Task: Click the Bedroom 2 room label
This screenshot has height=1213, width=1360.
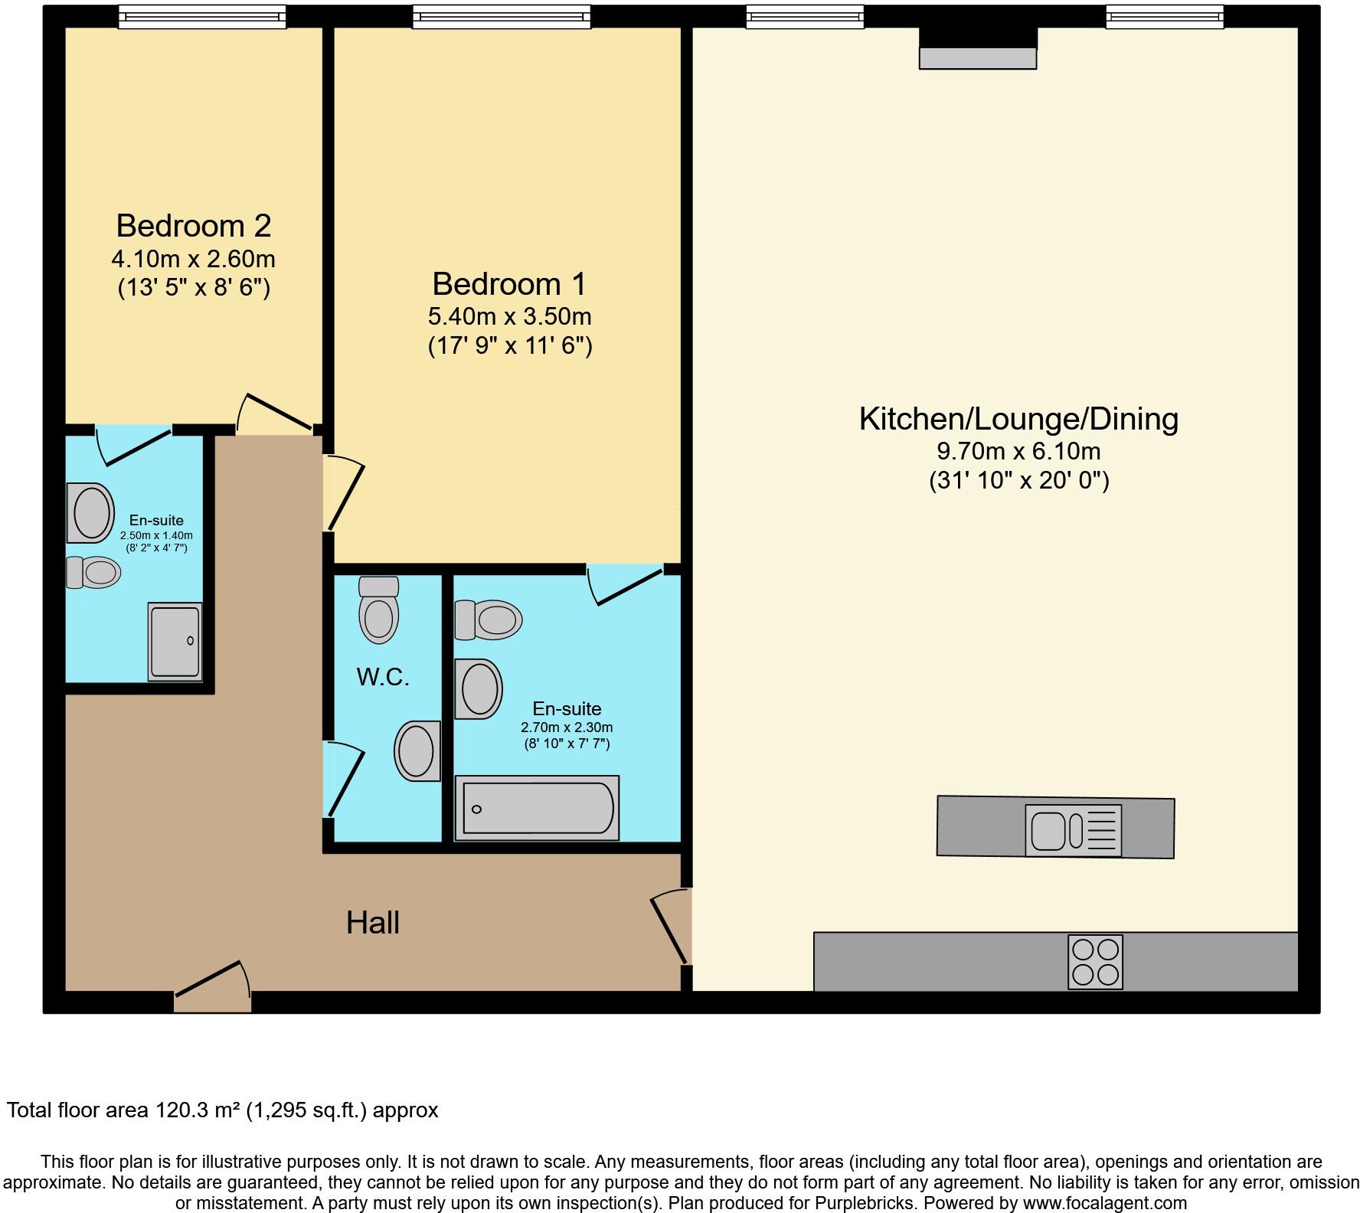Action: pos(194,226)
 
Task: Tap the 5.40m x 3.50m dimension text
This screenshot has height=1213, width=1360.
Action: pos(509,316)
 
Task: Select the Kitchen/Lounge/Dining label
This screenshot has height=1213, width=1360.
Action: pos(1018,419)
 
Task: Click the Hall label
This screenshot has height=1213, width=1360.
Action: pos(373,923)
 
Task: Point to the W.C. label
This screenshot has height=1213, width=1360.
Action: pos(383,677)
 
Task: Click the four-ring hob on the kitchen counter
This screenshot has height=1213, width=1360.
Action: pos(1095,962)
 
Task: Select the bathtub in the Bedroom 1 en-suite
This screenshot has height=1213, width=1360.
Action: pos(537,809)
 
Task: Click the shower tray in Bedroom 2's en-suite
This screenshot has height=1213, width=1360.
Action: pos(175,642)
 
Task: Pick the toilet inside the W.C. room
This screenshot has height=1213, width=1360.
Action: pos(379,610)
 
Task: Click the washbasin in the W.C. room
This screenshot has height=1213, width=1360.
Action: pos(418,750)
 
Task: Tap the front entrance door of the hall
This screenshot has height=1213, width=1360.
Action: pos(212,988)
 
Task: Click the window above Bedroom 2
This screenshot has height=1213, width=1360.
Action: pos(202,16)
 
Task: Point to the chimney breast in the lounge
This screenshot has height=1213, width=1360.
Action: pos(978,47)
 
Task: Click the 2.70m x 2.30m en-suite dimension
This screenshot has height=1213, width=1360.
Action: pos(567,727)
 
